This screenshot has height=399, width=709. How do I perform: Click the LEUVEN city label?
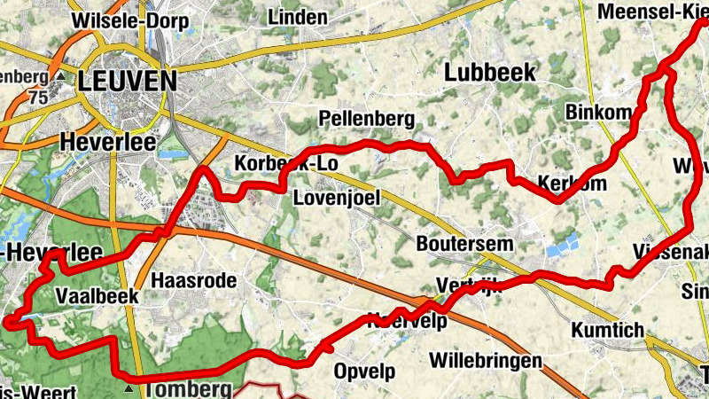127,81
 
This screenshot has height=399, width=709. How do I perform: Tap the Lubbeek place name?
490,73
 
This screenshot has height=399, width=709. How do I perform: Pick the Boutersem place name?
459,241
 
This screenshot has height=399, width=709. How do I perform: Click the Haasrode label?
194,280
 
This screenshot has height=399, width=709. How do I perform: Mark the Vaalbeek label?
97,295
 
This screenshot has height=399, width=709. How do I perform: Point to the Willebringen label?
485,361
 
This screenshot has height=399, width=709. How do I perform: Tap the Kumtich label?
608,330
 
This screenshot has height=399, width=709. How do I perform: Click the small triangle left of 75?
59,76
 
